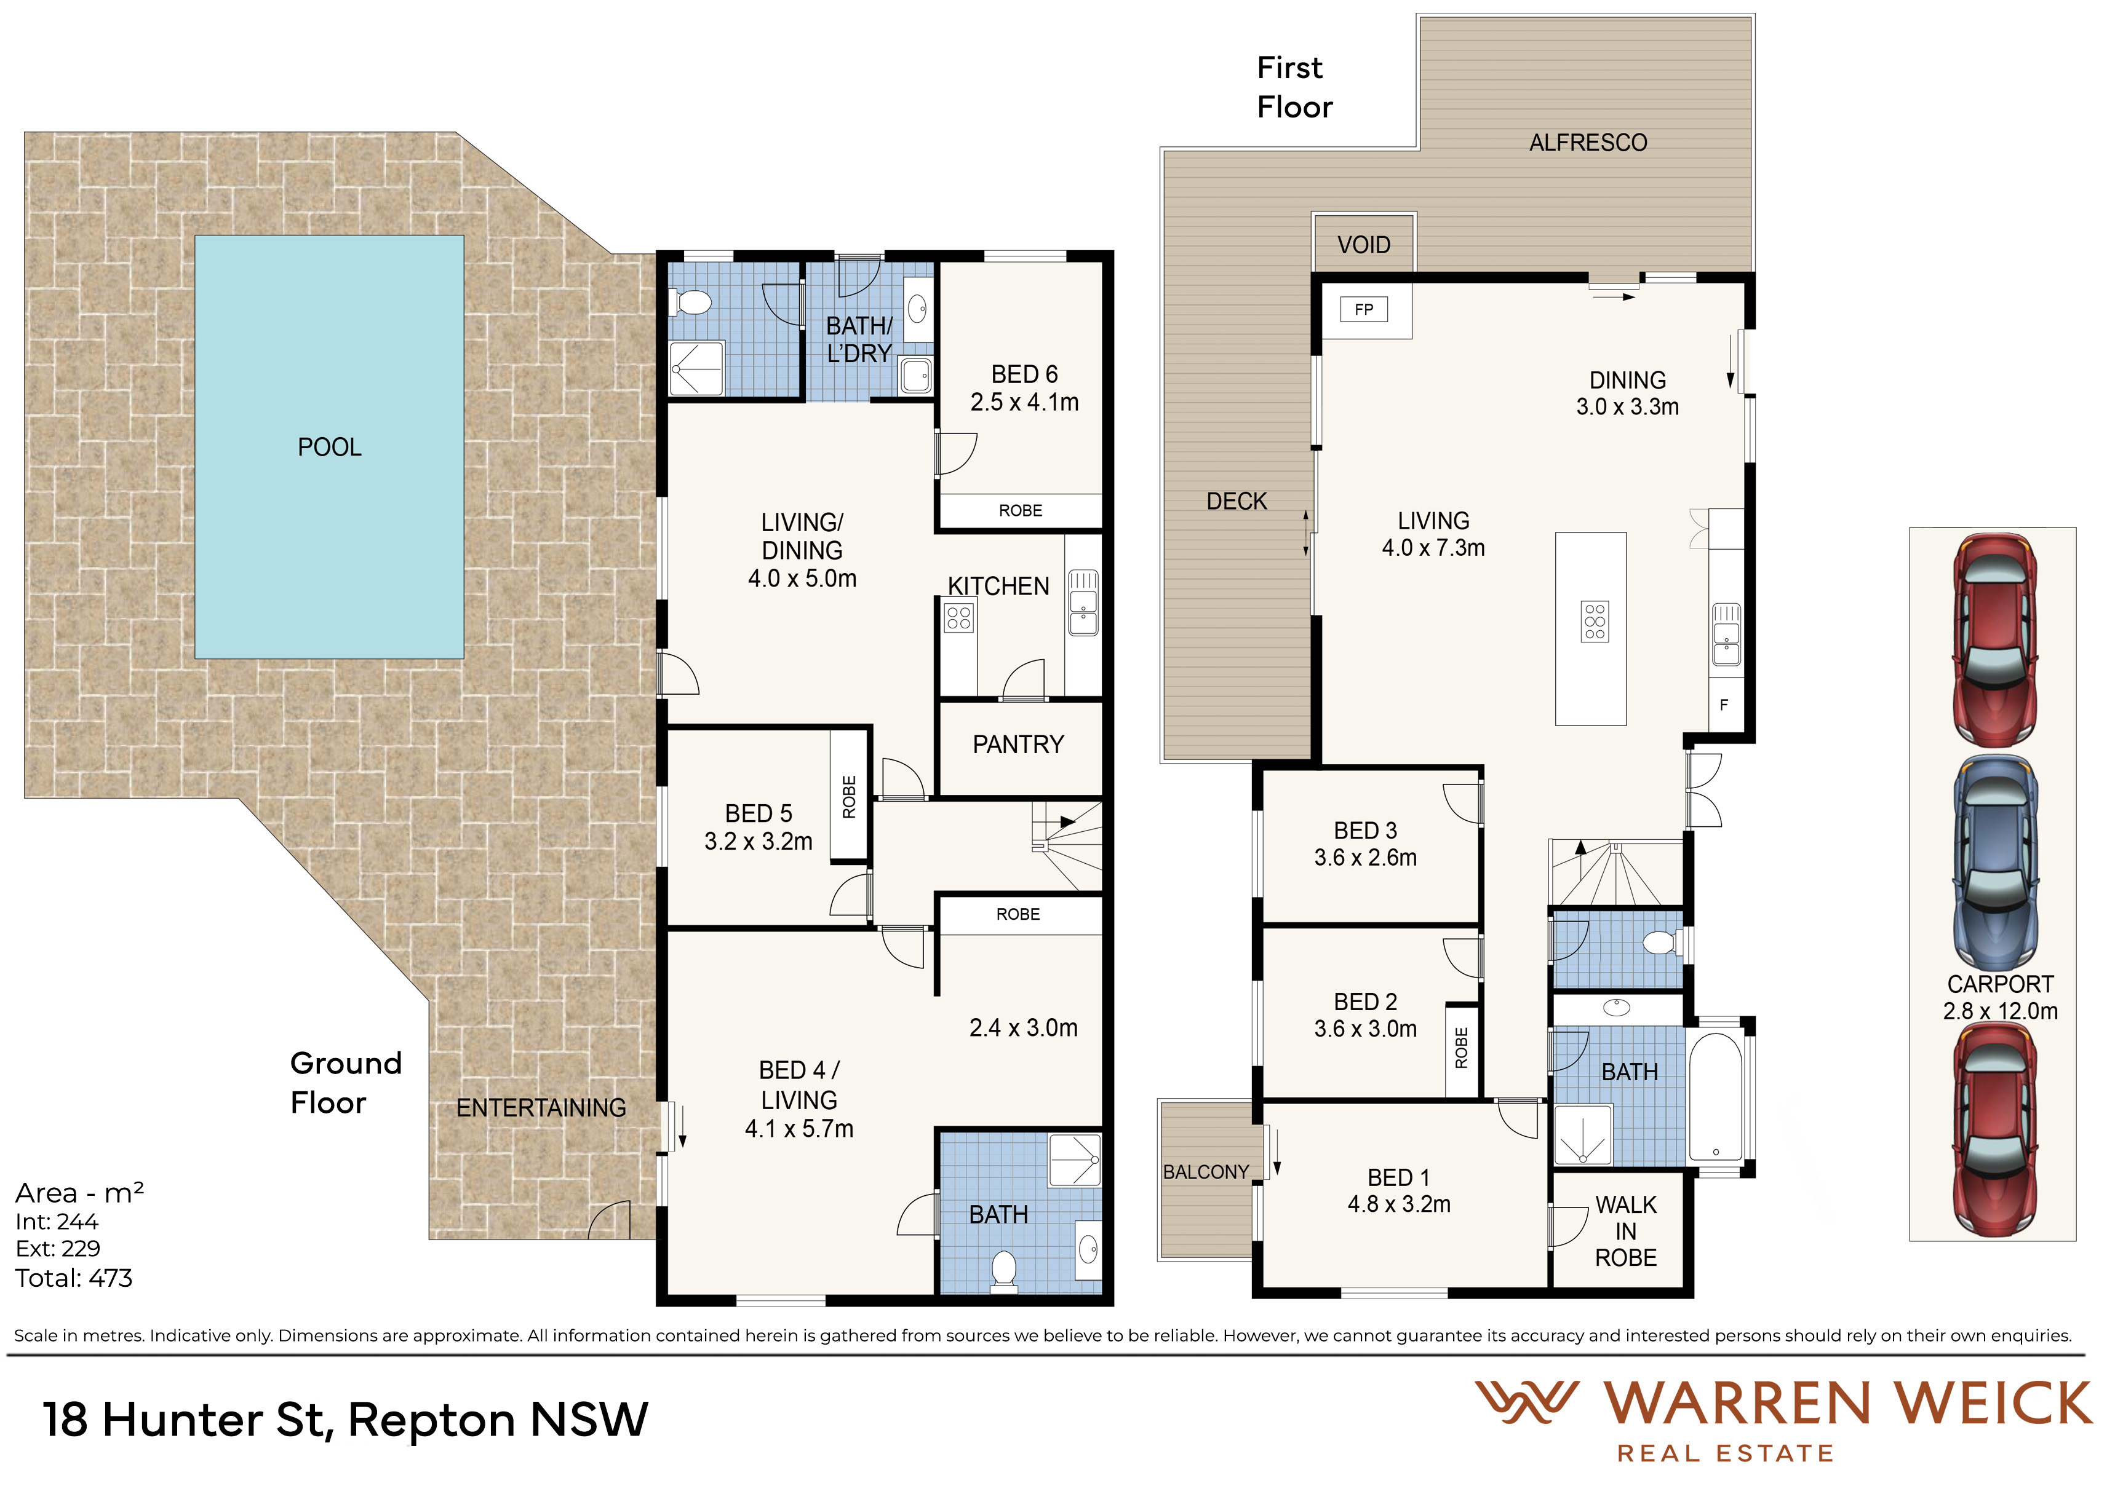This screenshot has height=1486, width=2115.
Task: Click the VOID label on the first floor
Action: [1363, 245]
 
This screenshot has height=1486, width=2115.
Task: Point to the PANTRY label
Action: [1018, 744]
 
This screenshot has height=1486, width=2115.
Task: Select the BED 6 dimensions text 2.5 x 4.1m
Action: [1024, 402]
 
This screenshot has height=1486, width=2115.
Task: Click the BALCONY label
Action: [1206, 1172]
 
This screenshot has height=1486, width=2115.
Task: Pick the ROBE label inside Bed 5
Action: [850, 796]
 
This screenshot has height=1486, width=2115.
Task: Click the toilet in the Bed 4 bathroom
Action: [1003, 1271]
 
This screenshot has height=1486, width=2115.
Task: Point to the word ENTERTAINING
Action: [541, 1108]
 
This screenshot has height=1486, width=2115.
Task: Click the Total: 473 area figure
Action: [74, 1278]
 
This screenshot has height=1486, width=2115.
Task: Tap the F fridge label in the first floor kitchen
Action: [1724, 705]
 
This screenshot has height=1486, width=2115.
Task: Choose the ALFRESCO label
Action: [1588, 143]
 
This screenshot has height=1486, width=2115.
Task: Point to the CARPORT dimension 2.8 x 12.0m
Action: [2000, 1011]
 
